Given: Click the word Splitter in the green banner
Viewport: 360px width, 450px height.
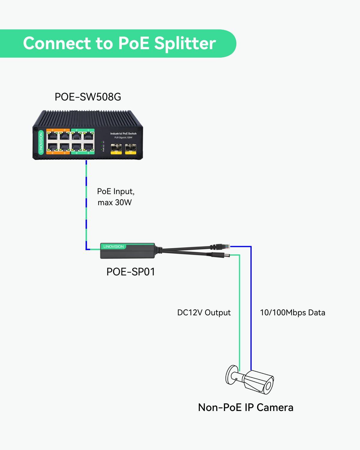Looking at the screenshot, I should [185, 43].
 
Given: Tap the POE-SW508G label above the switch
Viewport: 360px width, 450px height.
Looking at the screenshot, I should [88, 97].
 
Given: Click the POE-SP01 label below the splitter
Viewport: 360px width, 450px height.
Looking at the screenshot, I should [131, 272].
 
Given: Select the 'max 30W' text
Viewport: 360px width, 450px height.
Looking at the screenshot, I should [115, 202].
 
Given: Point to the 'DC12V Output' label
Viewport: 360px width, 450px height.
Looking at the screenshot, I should [204, 313].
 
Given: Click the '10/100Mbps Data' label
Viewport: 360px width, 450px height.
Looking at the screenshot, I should [292, 313].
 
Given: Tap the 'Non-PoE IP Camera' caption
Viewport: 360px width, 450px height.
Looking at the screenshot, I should [246, 407].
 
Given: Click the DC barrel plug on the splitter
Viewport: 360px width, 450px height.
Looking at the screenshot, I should [223, 255].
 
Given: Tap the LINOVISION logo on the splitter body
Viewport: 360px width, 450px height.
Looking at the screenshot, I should [113, 247].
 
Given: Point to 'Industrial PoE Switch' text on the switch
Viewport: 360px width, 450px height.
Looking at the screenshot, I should [123, 133].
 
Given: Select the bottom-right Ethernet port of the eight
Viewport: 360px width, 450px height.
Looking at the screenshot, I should [88, 147].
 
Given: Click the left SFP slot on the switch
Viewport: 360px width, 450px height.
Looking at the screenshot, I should [116, 148].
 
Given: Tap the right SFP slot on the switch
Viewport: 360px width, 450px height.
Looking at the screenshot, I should [130, 148].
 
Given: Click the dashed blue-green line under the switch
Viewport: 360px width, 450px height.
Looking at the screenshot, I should [86, 204].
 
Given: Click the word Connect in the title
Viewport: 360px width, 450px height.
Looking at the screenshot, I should [57, 43].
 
